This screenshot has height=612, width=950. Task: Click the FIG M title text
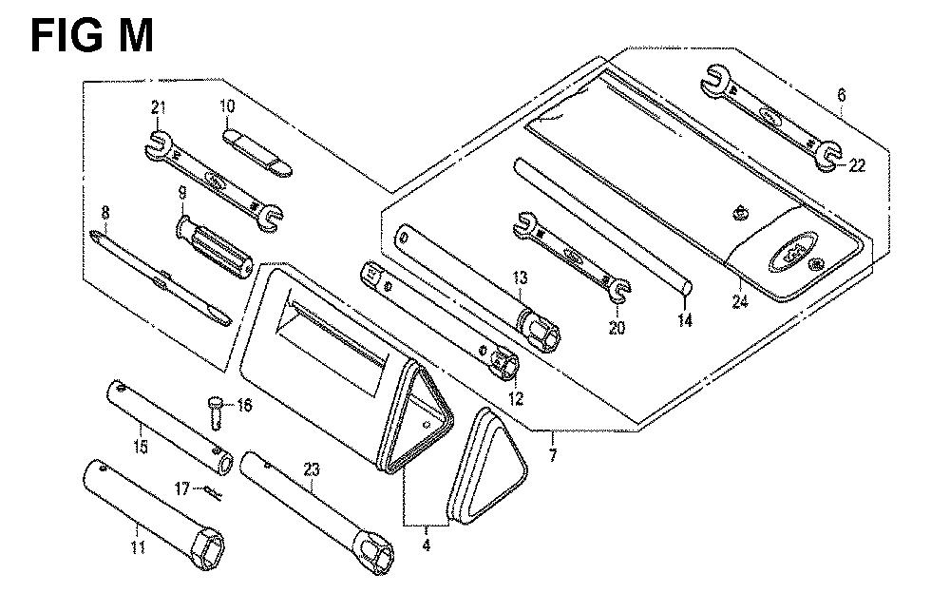91,36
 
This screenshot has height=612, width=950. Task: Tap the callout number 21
158,108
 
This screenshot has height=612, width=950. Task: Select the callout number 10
227,106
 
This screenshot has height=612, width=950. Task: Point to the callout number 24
740,300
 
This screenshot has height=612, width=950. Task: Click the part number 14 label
685,320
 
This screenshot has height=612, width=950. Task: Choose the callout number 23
311,469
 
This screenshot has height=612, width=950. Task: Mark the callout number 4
427,545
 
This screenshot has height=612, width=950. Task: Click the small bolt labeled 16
215,411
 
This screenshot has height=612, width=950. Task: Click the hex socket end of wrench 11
207,548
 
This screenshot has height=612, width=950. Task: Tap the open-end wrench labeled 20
573,257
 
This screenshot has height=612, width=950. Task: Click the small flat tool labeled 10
257,152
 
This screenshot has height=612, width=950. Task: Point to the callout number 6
841,95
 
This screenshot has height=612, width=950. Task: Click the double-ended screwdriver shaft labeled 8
161,277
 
